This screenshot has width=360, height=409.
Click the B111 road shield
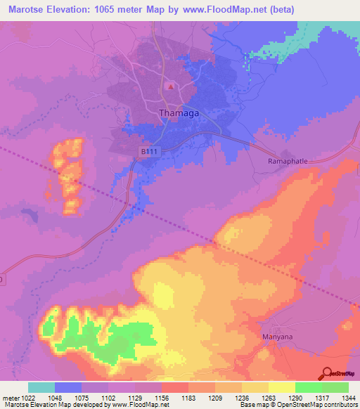(147, 150)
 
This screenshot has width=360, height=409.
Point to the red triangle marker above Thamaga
(170, 87)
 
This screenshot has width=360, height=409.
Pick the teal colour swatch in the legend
(41, 387)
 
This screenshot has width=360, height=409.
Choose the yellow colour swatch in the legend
(281, 387)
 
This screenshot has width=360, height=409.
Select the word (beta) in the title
(281, 10)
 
